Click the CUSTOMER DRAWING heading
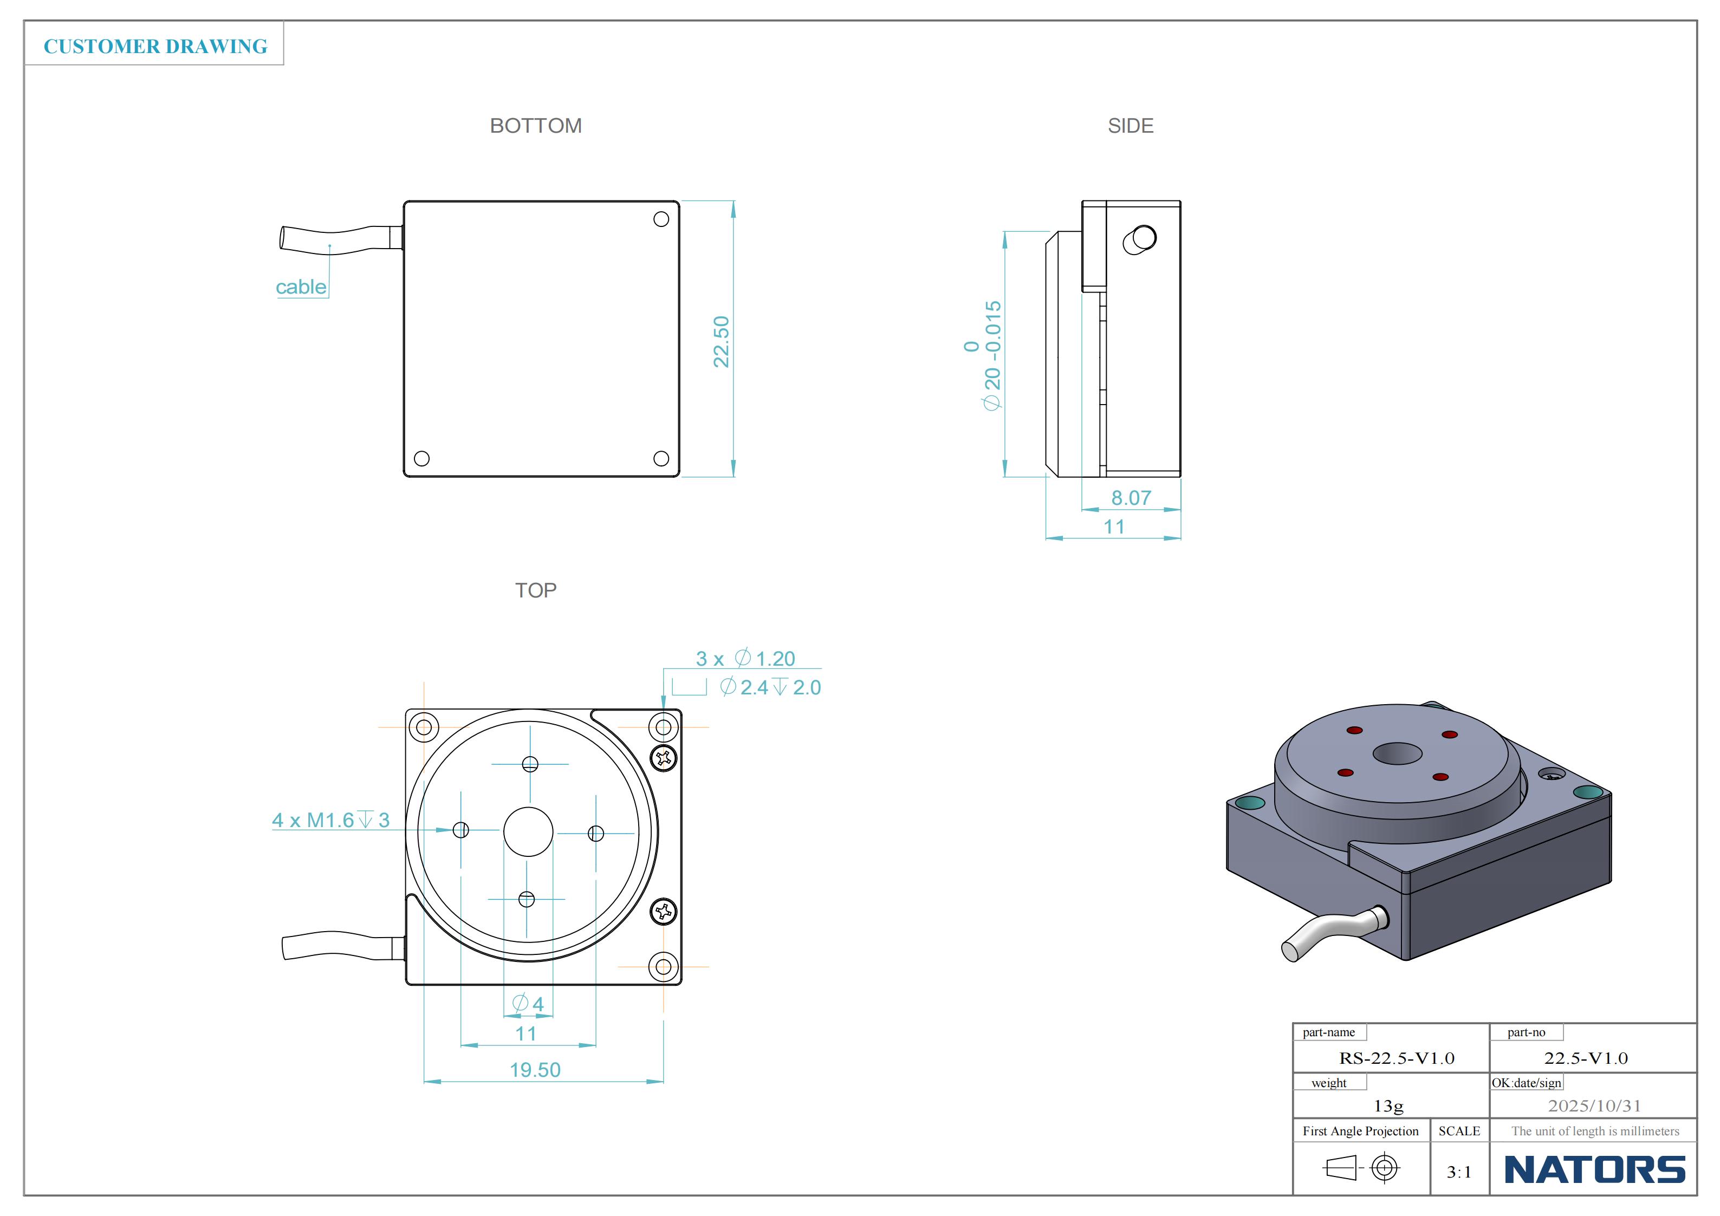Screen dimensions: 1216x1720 tap(155, 47)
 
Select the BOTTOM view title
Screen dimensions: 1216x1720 tap(536, 126)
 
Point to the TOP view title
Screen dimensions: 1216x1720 tap(536, 590)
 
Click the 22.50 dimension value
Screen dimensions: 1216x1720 tap(721, 342)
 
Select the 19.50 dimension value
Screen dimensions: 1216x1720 tap(535, 1069)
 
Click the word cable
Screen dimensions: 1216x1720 tap(301, 287)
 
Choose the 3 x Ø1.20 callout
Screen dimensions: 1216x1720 tap(745, 659)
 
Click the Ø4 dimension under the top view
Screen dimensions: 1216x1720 tap(528, 1003)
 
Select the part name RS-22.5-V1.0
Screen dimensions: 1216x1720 tap(1397, 1058)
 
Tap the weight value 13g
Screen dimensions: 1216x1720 tap(1388, 1106)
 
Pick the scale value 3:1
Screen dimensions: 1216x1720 tap(1458, 1172)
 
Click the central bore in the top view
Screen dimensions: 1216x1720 tap(528, 831)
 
